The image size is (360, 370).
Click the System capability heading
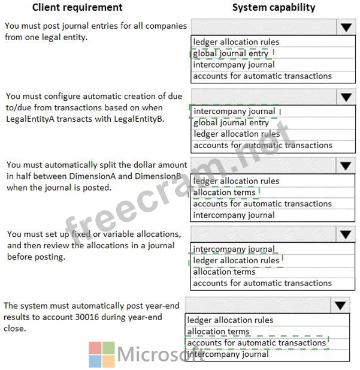[x=273, y=8]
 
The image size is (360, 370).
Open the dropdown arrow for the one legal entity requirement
[x=346, y=27]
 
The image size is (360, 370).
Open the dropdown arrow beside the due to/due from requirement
[x=346, y=97]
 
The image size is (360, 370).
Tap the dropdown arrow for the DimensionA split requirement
[x=346, y=166]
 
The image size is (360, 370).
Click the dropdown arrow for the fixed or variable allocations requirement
[x=346, y=234]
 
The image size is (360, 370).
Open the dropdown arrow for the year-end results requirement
[x=340, y=305]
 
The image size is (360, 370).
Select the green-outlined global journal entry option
[x=231, y=53]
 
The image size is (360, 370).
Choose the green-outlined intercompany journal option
[x=234, y=111]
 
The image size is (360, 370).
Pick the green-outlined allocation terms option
[x=224, y=192]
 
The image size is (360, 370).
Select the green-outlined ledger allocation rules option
[x=236, y=260]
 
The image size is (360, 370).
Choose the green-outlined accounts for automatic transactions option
[x=256, y=343]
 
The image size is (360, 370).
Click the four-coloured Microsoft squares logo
[x=101, y=354]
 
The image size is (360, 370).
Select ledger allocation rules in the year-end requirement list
[x=230, y=320]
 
